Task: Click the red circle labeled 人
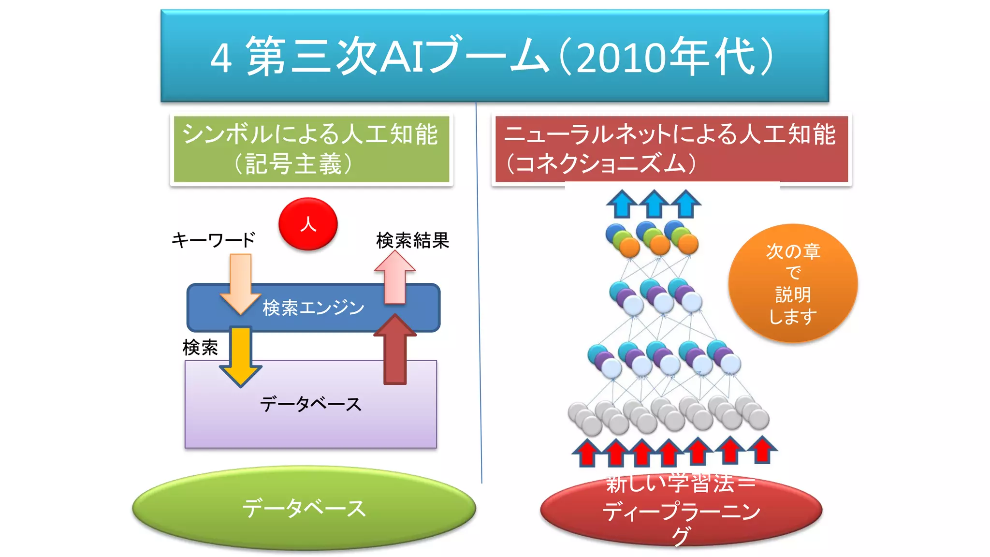308,224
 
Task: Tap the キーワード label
213,240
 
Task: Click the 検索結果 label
412,240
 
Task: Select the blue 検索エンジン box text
313,308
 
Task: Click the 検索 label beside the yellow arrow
200,347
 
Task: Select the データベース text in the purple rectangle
311,404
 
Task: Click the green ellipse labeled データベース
304,508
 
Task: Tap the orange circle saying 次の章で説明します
793,283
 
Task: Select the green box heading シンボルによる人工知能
311,149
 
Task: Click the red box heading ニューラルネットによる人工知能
671,149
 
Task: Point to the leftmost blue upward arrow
622,204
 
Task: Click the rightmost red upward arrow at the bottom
762,450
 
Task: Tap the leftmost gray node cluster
585,418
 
